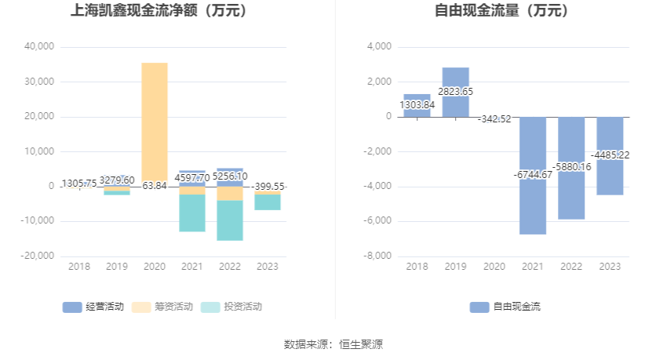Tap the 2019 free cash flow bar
click(455, 78)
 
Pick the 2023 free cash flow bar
click(610, 176)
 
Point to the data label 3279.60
click(117, 180)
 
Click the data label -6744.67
click(533, 174)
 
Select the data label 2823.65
click(455, 92)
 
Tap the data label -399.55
click(268, 187)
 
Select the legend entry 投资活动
click(231, 307)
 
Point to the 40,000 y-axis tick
click(38, 47)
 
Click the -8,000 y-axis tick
click(377, 256)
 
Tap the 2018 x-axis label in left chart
click(79, 267)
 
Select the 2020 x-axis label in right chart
click(494, 267)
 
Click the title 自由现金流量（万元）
click(502, 11)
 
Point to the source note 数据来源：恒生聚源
click(333, 344)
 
